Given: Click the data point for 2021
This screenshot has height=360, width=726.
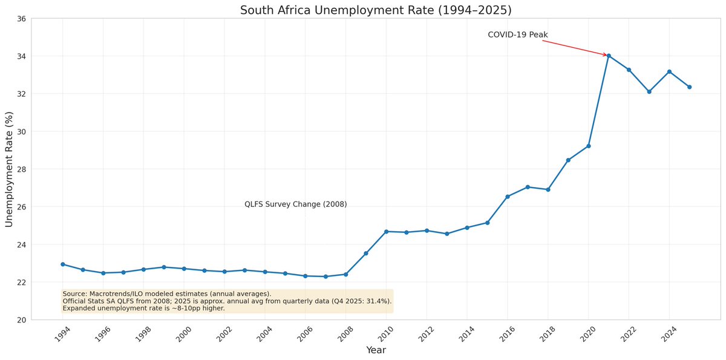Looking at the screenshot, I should [609, 56].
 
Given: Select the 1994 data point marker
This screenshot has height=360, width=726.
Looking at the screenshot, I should [63, 264].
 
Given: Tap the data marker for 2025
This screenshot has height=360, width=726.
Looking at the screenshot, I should [689, 87].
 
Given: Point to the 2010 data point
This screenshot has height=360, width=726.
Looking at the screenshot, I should [386, 232].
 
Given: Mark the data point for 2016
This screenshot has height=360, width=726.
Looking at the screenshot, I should [508, 197].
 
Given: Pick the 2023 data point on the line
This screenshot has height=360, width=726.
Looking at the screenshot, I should [649, 92].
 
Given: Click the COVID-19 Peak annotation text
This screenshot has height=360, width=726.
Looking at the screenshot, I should [517, 35].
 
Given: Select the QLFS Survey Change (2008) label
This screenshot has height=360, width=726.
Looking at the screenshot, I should [295, 205].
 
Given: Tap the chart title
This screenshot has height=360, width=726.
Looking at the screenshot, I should [375, 10].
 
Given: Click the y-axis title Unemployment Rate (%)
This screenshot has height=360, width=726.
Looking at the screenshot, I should [10, 169].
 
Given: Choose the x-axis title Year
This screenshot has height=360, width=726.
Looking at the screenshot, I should [376, 350].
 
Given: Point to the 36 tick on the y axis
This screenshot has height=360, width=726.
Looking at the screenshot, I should [21, 19].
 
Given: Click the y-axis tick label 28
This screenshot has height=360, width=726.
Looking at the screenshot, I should [21, 169].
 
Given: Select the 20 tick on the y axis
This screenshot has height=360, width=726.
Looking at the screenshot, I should [21, 320].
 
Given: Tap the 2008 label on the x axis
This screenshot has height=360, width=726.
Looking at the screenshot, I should [344, 333].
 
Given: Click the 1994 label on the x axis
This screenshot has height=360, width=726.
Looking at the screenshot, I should [60, 333].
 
